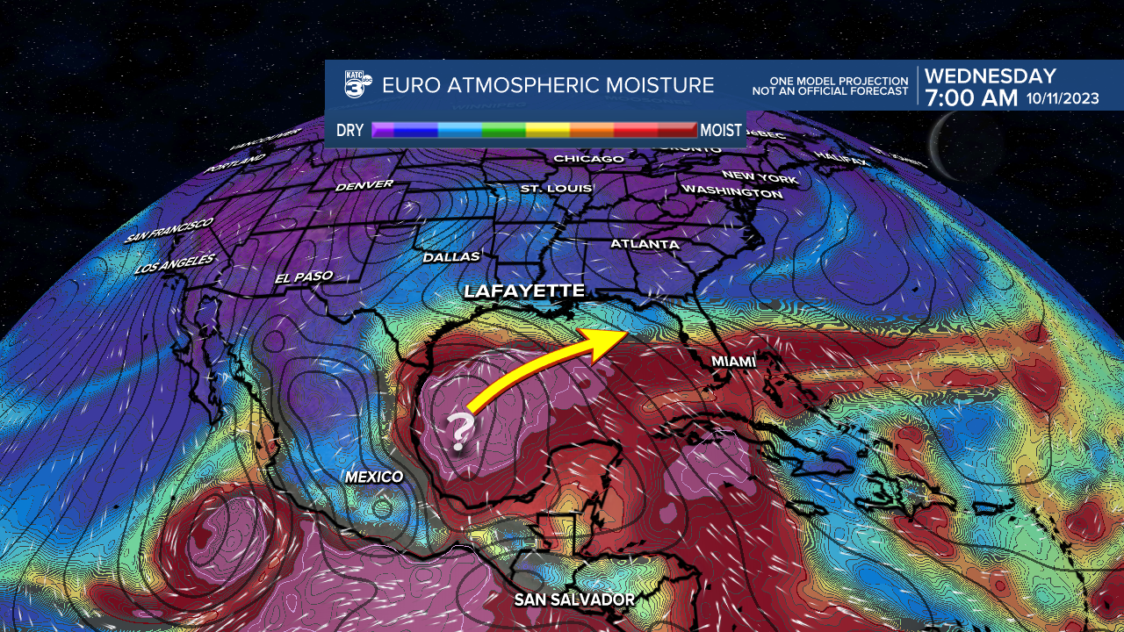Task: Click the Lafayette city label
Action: pyautogui.click(x=523, y=291)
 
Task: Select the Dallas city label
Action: pyautogui.click(x=451, y=257)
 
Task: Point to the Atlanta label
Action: pyautogui.click(x=645, y=244)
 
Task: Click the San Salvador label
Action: pyautogui.click(x=574, y=600)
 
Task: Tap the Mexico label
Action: pyautogui.click(x=374, y=477)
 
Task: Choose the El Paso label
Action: pyautogui.click(x=304, y=277)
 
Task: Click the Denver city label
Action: pyautogui.click(x=364, y=186)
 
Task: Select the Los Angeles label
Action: pyautogui.click(x=176, y=263)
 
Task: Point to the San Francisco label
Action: pyautogui.click(x=169, y=231)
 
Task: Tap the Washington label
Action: pyautogui.click(x=731, y=191)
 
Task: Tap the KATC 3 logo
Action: pyautogui.click(x=357, y=85)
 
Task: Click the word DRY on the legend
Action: pyautogui.click(x=349, y=131)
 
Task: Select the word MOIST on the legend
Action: pyautogui.click(x=722, y=131)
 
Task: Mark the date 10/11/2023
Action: pyautogui.click(x=1063, y=98)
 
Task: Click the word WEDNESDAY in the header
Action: pyautogui.click(x=990, y=76)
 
